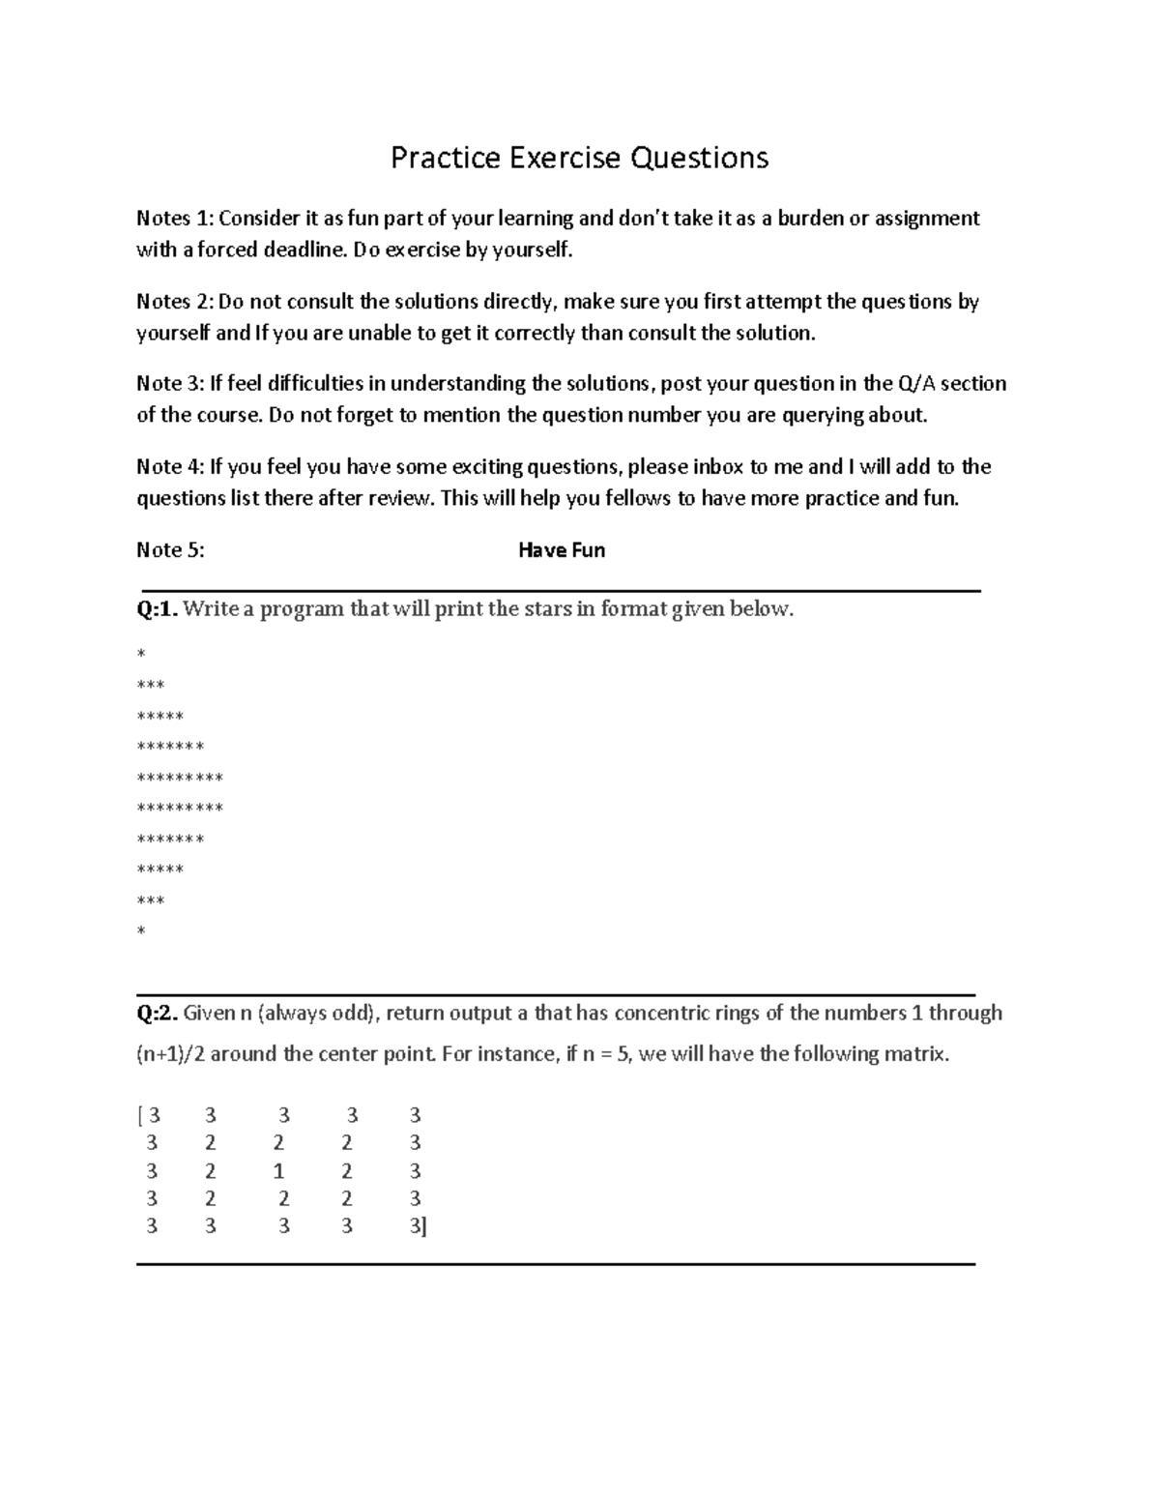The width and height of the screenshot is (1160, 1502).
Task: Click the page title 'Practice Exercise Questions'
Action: pyautogui.click(x=579, y=158)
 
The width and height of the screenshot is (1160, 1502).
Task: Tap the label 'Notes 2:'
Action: pyautogui.click(x=175, y=302)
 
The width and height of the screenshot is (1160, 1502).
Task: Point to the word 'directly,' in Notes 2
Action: pyautogui.click(x=518, y=302)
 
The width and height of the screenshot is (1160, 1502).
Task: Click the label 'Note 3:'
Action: pyautogui.click(x=170, y=384)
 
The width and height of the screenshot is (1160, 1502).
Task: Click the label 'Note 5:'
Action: pyautogui.click(x=170, y=550)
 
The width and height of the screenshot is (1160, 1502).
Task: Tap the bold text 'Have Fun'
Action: pyautogui.click(x=562, y=550)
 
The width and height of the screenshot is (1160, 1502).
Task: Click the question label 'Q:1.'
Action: pyautogui.click(x=157, y=609)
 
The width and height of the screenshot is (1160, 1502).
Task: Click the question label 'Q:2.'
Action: pyautogui.click(x=157, y=1014)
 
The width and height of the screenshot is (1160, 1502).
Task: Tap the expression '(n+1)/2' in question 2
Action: pyautogui.click(x=170, y=1054)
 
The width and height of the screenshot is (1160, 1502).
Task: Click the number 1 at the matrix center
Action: pyautogui.click(x=279, y=1171)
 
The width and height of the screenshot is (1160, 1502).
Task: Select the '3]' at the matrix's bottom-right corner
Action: pyautogui.click(x=418, y=1227)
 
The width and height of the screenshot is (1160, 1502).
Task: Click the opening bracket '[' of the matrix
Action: pyautogui.click(x=140, y=1116)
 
